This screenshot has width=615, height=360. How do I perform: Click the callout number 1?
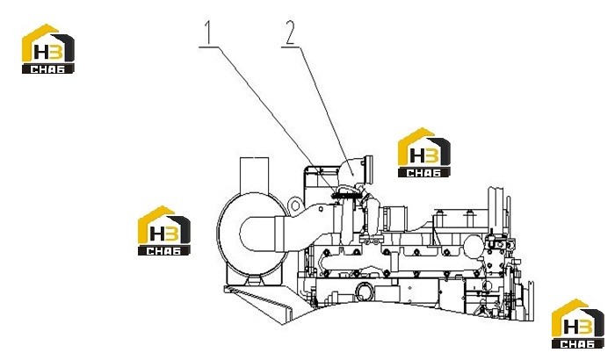point(208,32)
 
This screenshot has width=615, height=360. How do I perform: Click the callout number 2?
point(290,32)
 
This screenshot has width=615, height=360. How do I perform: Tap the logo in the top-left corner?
point(47,48)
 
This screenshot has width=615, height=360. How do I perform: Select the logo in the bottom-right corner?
point(578,324)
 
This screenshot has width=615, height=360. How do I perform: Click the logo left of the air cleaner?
point(164,231)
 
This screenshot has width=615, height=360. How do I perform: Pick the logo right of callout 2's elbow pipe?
point(424,152)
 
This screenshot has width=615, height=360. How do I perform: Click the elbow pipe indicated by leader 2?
point(352,174)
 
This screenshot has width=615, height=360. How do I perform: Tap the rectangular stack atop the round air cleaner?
point(254,176)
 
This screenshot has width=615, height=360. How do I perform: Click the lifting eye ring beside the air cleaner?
point(295,205)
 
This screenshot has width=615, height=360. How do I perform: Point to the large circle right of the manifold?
point(474,246)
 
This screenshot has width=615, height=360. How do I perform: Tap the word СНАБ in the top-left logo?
point(47,69)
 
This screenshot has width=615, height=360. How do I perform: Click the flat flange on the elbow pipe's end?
point(368,169)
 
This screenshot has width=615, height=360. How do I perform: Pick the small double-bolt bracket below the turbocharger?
point(372,239)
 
